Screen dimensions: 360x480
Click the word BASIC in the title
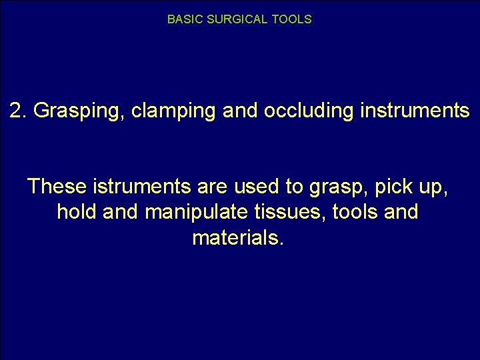point(181,19)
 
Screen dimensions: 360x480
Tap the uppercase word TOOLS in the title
point(292,19)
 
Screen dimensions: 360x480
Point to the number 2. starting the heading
point(19,111)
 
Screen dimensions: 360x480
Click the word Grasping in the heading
point(79,111)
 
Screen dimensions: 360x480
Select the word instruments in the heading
point(414,111)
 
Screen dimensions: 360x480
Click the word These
point(56,187)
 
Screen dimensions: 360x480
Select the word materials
point(239,237)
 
